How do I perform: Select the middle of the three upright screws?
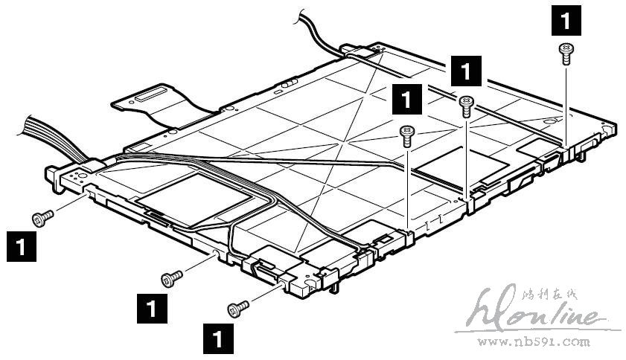pos(466,106)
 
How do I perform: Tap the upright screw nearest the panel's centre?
pos(406,135)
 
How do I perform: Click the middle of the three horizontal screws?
pos(172,278)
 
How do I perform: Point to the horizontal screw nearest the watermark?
pos(238,306)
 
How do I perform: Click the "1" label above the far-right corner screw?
pos(564,20)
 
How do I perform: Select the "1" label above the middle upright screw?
pos(466,73)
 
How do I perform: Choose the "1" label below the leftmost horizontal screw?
pos(21,245)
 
